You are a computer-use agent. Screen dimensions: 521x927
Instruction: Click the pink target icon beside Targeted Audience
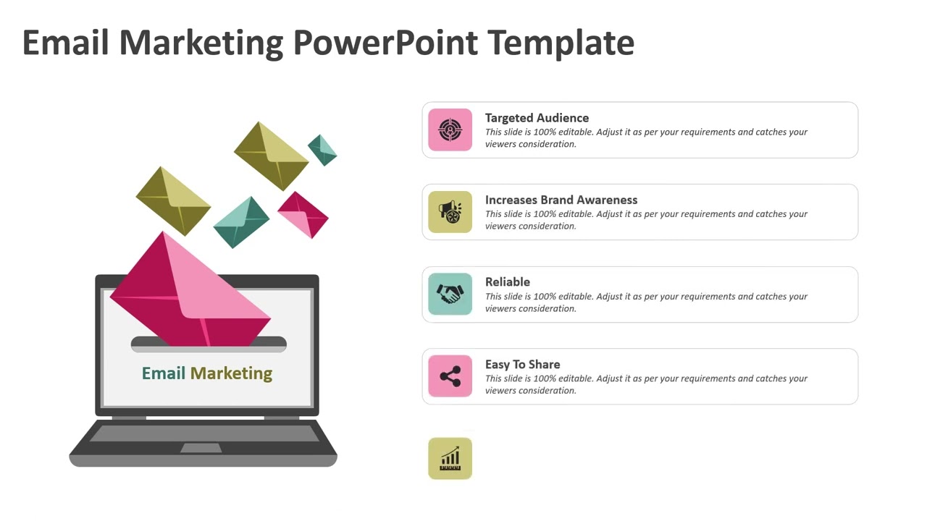click(450, 130)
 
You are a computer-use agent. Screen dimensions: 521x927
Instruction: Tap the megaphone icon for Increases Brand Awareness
click(450, 212)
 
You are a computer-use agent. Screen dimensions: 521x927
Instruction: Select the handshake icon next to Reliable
click(450, 294)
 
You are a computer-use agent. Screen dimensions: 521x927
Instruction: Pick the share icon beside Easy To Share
click(450, 376)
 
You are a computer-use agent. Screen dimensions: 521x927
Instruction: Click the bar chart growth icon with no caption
click(450, 458)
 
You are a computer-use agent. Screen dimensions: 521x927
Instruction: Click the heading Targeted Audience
click(537, 118)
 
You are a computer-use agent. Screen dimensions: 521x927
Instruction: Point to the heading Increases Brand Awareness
click(561, 200)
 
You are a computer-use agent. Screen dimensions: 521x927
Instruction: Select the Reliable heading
click(508, 282)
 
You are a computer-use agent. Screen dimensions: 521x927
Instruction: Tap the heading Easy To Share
click(522, 365)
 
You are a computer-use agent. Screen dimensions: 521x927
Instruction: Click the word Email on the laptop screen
click(164, 373)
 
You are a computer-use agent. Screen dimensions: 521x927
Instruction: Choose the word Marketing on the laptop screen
click(231, 373)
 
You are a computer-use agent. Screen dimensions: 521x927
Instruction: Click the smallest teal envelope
click(323, 150)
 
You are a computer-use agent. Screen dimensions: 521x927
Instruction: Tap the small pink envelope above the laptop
click(303, 215)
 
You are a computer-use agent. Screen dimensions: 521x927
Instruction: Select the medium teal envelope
click(241, 222)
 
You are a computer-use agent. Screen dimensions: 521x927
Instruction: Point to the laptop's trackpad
click(201, 448)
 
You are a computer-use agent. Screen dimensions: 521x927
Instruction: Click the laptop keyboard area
click(204, 433)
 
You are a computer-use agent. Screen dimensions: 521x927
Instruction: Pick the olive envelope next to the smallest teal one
click(272, 156)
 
